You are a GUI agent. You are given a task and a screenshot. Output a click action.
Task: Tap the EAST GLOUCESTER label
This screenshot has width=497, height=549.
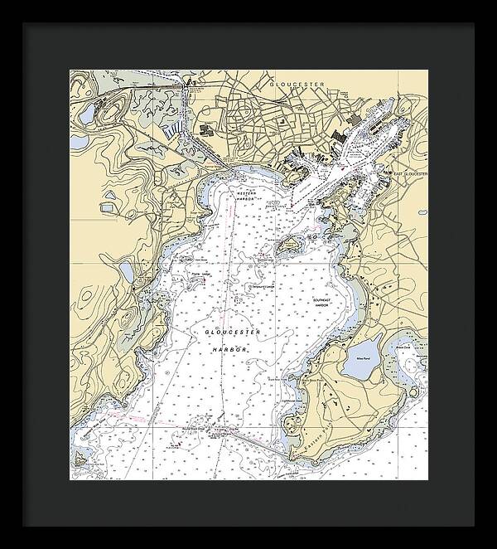(411, 174)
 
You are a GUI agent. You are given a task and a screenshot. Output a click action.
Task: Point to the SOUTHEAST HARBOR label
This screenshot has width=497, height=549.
(321, 303)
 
